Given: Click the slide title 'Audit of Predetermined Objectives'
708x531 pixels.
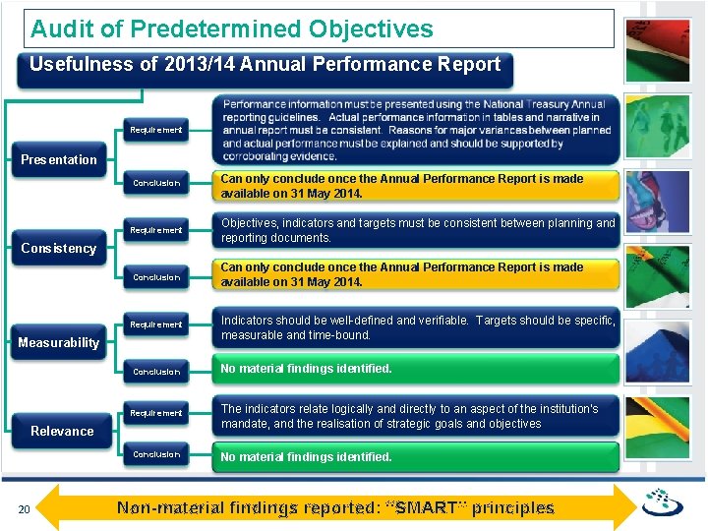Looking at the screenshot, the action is (232, 29).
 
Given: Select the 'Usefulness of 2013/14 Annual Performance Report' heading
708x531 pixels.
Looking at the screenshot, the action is (265, 65).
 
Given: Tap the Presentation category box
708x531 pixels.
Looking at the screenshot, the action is (59, 159).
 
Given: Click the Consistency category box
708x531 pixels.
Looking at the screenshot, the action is (59, 248).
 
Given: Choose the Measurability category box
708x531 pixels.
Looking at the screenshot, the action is (59, 342).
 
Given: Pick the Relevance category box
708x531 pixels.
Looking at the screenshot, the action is (62, 431).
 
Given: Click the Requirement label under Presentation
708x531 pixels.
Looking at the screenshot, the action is (156, 130).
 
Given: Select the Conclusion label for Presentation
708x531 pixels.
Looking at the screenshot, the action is (156, 183).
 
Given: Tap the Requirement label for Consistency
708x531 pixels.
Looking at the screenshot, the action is (156, 230).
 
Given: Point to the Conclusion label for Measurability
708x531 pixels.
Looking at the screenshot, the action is (156, 372).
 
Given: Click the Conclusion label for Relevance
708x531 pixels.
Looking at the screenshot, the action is (156, 454).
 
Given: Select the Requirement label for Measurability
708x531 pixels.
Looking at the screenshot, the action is (156, 324).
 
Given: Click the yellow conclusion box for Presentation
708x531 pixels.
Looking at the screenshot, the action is (417, 186).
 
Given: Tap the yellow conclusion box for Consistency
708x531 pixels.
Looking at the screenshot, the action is (417, 274).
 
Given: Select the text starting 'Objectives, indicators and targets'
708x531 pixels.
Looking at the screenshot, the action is (417, 230).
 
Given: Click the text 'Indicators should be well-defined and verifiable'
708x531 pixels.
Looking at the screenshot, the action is (417, 327).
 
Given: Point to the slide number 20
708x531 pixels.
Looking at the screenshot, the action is (26, 508).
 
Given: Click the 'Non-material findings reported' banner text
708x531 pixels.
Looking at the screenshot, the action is (335, 508).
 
